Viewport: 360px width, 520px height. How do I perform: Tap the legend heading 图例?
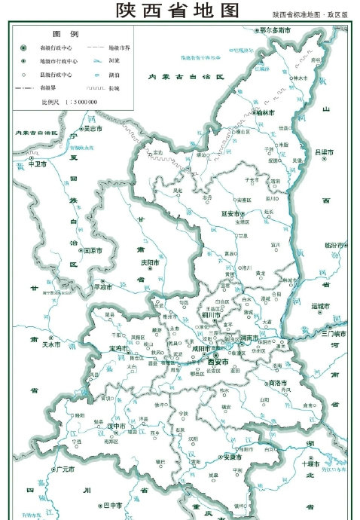[66, 35]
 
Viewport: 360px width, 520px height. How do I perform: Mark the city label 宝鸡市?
[121, 349]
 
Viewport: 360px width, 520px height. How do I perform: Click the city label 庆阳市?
[153, 263]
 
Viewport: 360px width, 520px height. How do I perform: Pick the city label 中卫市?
[38, 163]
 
